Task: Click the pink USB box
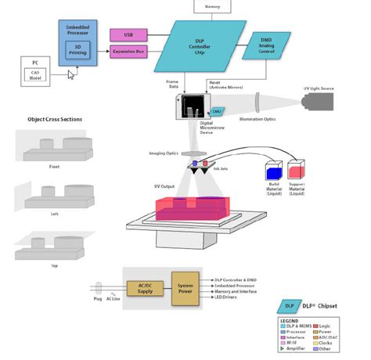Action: (x=128, y=35)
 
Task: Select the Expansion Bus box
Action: (x=128, y=52)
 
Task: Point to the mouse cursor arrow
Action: (x=71, y=75)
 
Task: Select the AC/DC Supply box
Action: (x=145, y=288)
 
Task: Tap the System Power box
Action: (x=185, y=288)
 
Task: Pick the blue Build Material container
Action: (x=274, y=171)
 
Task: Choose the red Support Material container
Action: (x=298, y=171)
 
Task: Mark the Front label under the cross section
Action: (x=54, y=166)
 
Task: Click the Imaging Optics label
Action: (x=163, y=153)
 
